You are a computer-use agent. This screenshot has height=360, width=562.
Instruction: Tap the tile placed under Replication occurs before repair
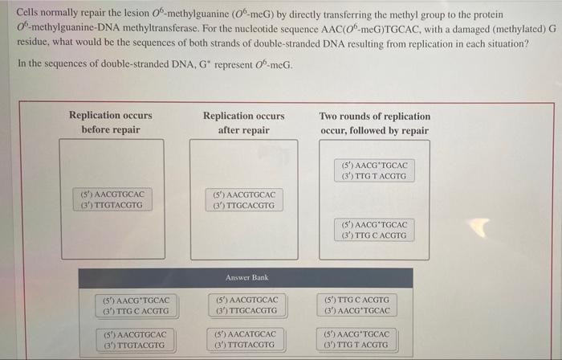113,199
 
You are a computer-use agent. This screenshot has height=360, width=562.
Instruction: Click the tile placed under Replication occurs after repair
245,199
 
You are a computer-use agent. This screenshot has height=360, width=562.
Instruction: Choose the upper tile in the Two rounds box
375,170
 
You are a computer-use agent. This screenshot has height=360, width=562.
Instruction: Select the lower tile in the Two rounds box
375,230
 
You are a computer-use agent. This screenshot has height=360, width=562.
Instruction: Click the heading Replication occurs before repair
111,122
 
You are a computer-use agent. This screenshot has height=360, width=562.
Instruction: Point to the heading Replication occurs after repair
244,122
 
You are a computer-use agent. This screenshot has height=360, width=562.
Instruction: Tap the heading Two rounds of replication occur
375,122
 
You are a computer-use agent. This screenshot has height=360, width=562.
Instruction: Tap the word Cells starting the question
30,14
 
